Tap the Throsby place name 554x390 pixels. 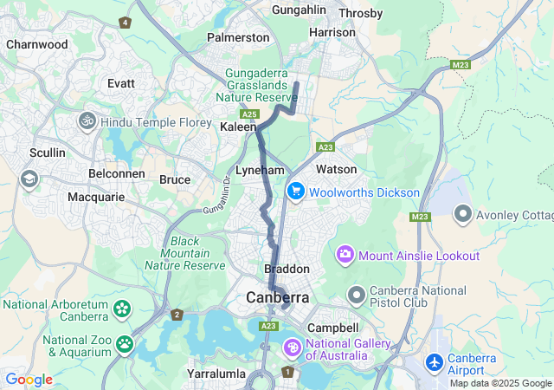coord(360,13)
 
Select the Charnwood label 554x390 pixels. coord(36,43)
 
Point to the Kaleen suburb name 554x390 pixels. coord(238,127)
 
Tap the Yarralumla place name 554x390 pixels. coord(214,374)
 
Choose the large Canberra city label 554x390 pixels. coord(278,297)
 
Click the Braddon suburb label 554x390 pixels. coord(286,269)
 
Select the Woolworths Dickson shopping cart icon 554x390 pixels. coord(295,192)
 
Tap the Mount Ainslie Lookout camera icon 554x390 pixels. coord(345,255)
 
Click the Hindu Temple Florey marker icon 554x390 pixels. coord(87,122)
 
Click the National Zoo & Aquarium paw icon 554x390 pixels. coord(125,344)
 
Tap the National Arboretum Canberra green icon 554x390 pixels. coord(122,309)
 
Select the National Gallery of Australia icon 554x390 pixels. coord(293,348)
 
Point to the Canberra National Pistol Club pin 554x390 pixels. coord(356,295)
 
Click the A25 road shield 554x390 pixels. coord(250,114)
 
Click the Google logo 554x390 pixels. coord(29,380)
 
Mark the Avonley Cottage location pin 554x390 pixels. coord(463,212)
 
